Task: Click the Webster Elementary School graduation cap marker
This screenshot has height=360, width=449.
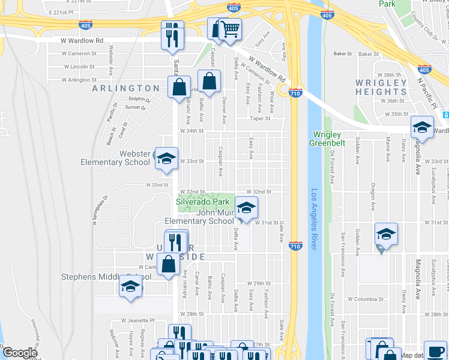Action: pyautogui.click(x=167, y=158)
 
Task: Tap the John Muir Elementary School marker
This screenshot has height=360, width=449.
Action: pyautogui.click(x=245, y=208)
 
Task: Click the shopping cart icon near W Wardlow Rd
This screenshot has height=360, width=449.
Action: pyautogui.click(x=230, y=29)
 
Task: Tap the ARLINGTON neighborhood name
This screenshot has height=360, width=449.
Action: pyautogui.click(x=126, y=88)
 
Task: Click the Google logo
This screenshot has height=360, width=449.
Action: pyautogui.click(x=19, y=353)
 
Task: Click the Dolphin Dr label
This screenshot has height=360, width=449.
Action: pyautogui.click(x=139, y=99)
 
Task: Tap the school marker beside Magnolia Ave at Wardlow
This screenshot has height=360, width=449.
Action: pyautogui.click(x=422, y=127)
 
